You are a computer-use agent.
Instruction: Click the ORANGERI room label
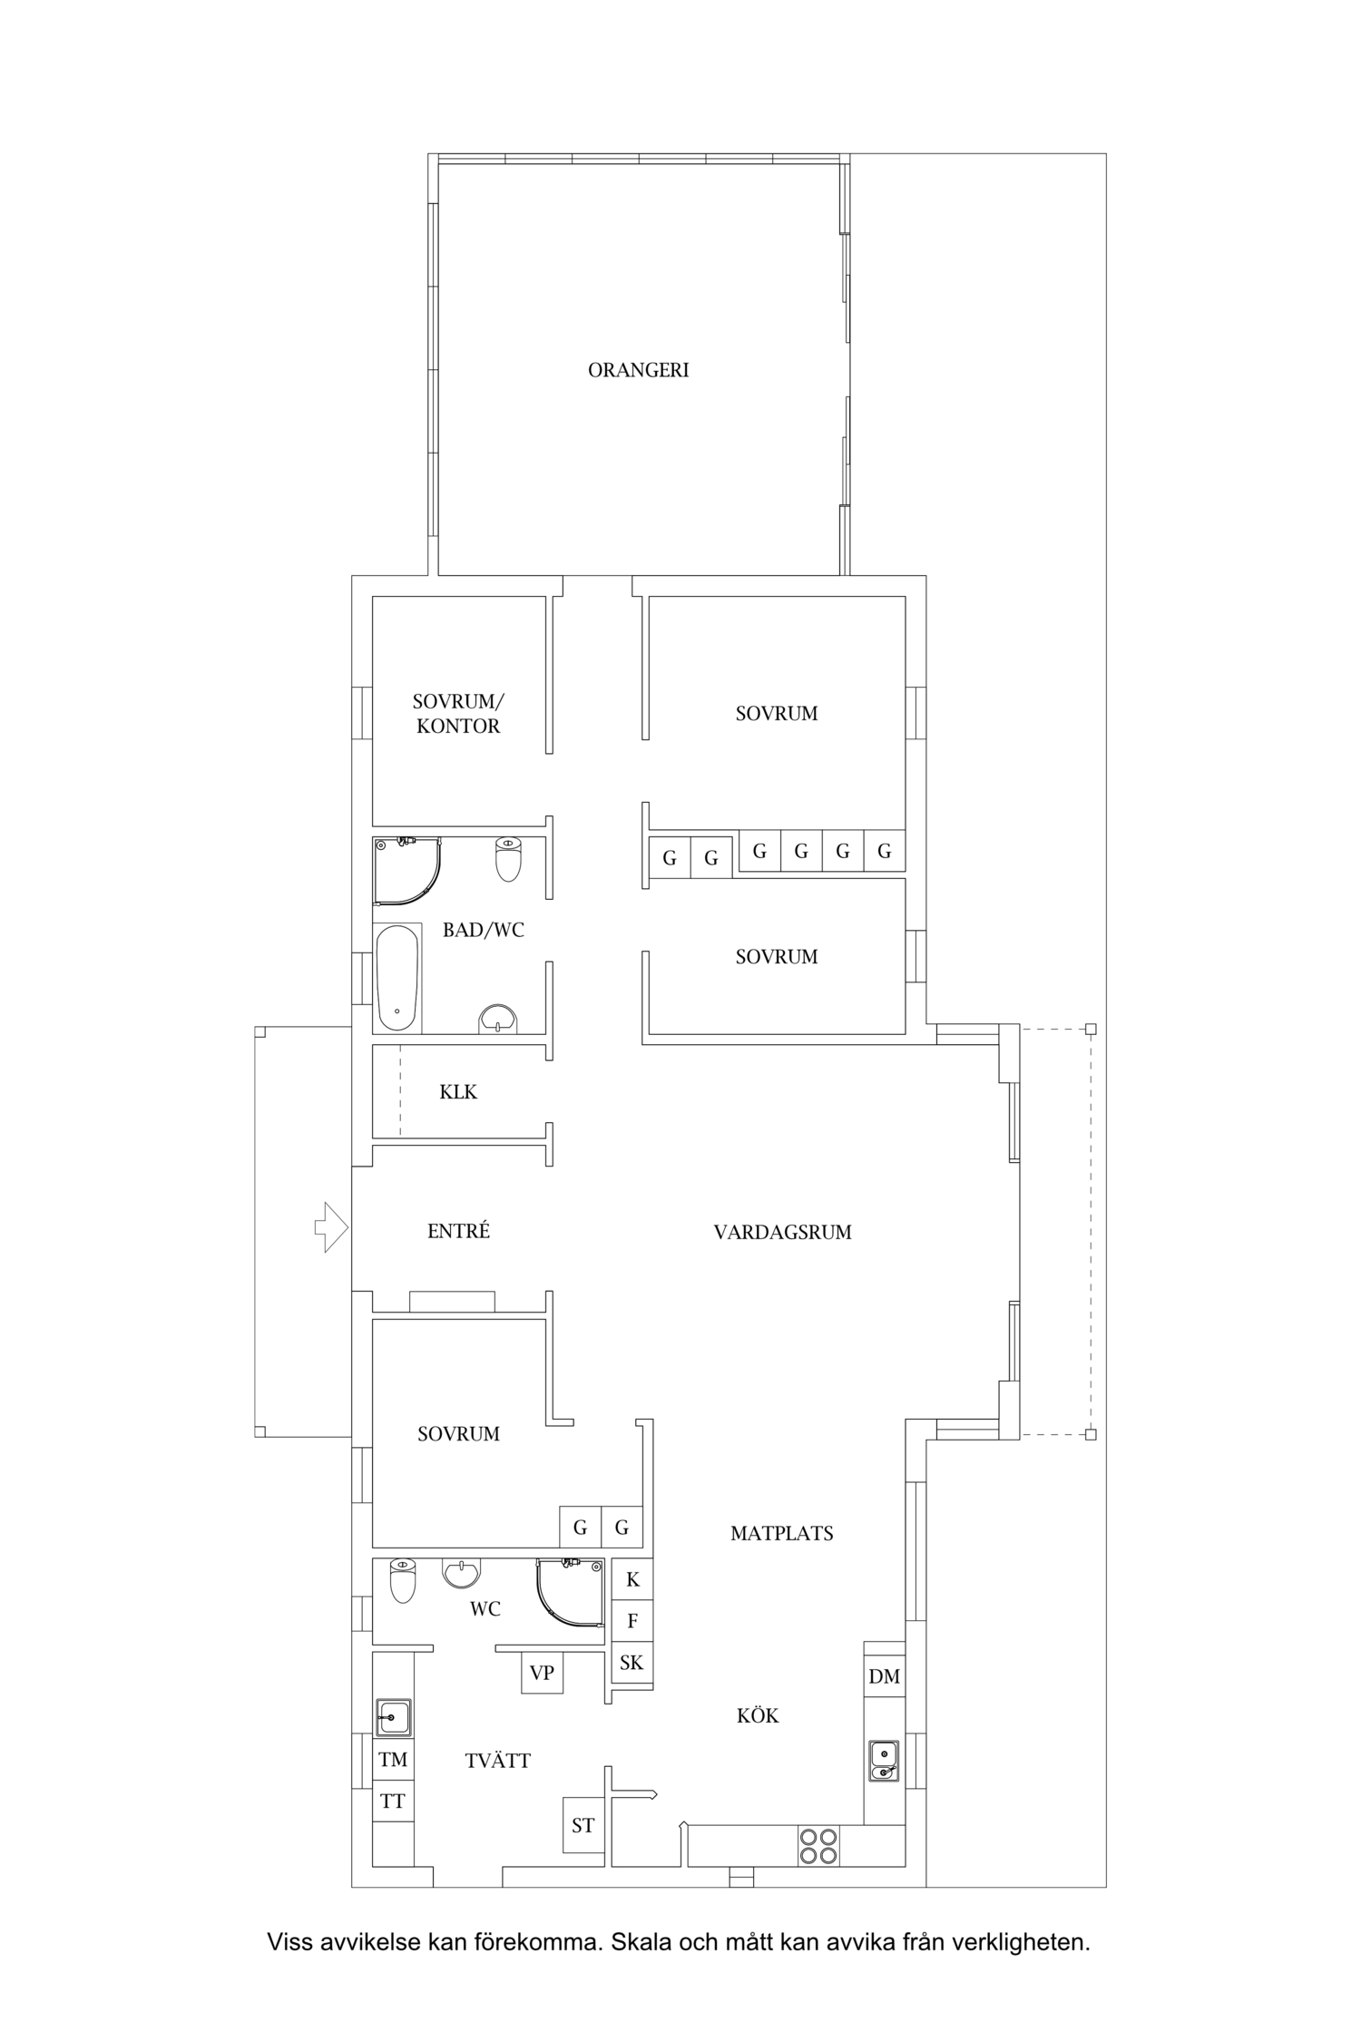(638, 370)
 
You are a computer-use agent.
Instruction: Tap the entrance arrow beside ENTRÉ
(331, 1227)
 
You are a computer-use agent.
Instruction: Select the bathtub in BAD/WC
(397, 978)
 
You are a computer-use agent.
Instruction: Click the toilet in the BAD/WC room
(508, 859)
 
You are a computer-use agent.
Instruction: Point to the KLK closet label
(458, 1092)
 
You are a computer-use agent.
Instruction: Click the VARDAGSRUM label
(782, 1233)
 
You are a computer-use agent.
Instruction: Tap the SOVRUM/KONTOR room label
(458, 714)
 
